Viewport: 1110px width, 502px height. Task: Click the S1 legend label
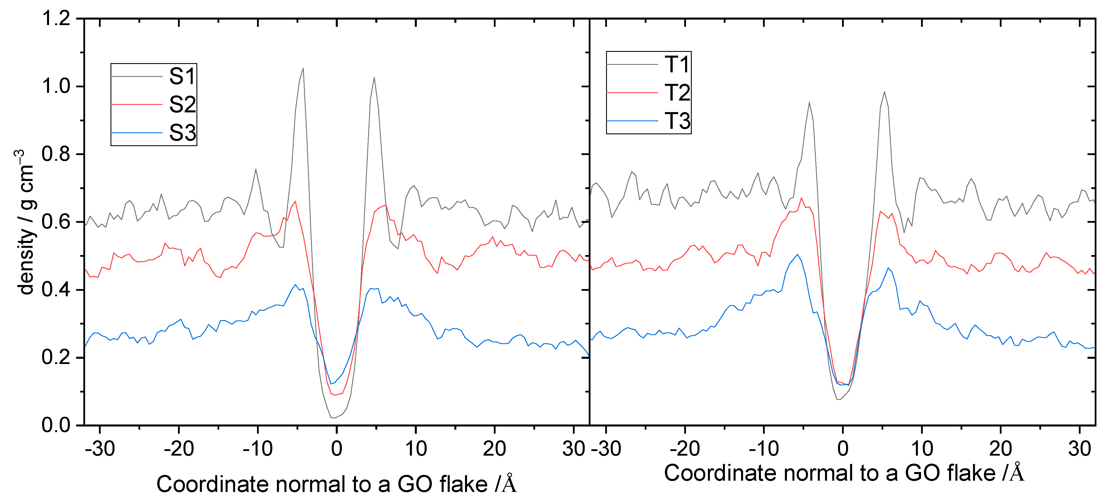[182, 77]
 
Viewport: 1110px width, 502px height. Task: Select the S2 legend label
[182, 105]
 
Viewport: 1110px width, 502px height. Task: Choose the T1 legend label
[677, 65]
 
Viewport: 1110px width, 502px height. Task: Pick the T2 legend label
[677, 93]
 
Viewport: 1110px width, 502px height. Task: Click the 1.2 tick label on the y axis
[56, 18]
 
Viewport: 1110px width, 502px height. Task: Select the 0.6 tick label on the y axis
[56, 222]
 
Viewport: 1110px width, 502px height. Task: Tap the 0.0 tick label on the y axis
[56, 425]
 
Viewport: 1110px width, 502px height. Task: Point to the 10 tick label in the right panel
[922, 449]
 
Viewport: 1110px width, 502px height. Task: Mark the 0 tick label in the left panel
[337, 449]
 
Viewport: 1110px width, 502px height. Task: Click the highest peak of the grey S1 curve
[303, 68]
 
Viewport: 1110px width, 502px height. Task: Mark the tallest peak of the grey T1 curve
[884, 92]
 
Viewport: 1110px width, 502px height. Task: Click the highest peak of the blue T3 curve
[798, 254]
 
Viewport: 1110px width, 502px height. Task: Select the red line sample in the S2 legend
[137, 105]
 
